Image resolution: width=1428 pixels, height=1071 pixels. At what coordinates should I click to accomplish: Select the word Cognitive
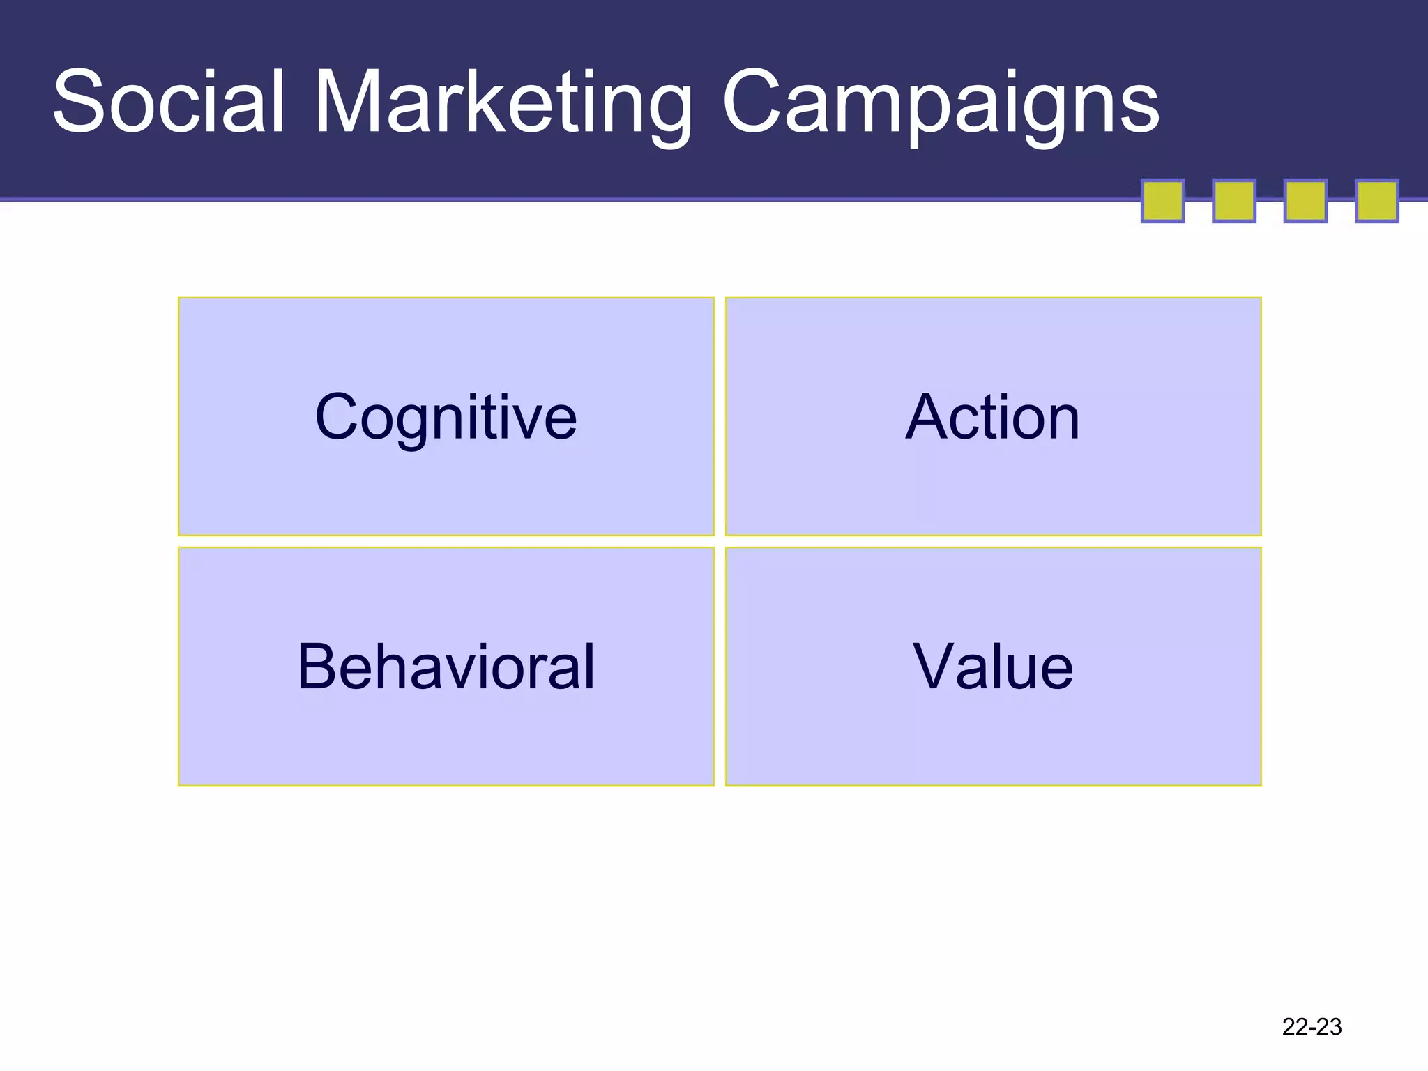446,417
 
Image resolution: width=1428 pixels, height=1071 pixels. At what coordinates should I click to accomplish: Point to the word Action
993,417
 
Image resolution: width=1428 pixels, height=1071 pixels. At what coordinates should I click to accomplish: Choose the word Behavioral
446,667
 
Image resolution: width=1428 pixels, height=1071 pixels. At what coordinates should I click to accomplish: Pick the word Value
993,667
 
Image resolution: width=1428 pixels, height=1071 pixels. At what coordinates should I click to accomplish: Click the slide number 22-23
1312,1026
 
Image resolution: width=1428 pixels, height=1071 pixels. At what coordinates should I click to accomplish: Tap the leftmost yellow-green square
1162,201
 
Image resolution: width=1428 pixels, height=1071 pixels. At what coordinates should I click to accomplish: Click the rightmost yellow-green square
1376,201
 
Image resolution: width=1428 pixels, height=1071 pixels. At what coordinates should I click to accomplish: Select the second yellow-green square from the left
1234,201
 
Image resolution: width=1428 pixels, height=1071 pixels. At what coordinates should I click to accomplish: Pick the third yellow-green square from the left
1305,201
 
